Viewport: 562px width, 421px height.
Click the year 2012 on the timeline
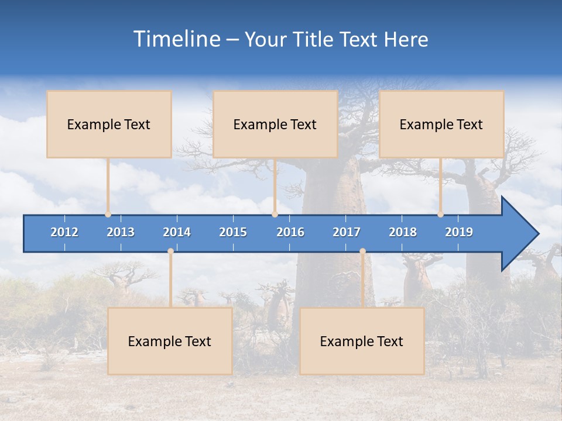point(64,232)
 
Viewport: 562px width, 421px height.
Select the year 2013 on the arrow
point(121,232)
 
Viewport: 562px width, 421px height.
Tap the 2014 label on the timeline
point(177,232)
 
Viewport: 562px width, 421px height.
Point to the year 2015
point(233,232)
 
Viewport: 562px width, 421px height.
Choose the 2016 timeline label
point(290,232)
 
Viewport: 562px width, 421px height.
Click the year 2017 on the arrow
point(347,232)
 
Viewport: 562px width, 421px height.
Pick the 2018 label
point(403,232)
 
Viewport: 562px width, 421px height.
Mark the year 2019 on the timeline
point(459,232)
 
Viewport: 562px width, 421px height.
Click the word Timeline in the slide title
point(176,39)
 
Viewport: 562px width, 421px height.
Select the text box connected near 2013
point(109,124)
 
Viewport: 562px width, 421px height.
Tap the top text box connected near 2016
point(275,124)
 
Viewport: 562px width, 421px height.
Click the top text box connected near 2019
point(441,124)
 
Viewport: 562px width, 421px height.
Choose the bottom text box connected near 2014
point(170,341)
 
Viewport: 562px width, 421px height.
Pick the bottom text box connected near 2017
point(362,341)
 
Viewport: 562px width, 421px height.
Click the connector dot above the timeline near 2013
point(108,214)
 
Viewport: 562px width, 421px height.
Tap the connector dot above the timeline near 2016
point(275,214)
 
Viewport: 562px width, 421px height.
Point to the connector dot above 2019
point(441,214)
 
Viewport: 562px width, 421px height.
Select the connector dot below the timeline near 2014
point(170,251)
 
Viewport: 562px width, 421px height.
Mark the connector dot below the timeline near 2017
point(362,251)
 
